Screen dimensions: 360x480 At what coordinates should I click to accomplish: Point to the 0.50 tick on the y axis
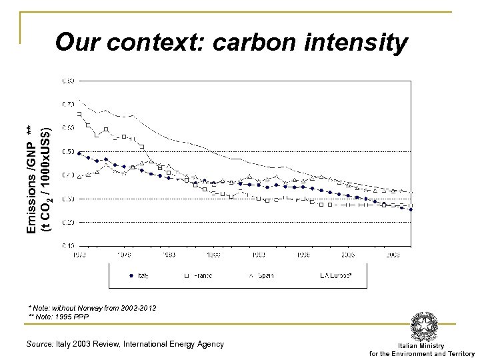[69, 152]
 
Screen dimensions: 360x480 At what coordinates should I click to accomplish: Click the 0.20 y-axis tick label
[69, 222]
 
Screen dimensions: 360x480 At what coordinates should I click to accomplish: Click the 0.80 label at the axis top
[69, 81]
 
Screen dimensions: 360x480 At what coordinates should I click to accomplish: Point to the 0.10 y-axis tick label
[69, 246]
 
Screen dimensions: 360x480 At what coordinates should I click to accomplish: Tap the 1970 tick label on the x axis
[79, 254]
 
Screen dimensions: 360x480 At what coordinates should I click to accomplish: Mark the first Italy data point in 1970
[79, 153]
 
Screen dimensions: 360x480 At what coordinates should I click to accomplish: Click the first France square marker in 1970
[79, 114]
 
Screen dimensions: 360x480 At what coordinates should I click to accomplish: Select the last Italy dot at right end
[411, 209]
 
